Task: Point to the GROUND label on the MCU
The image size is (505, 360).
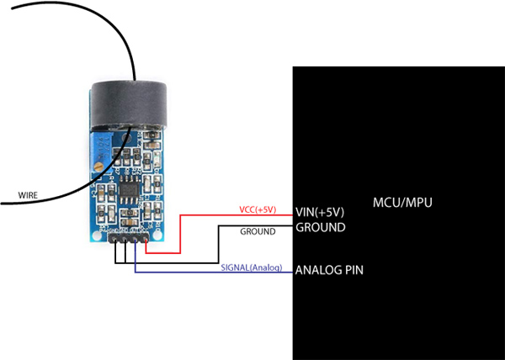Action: [321, 227]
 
